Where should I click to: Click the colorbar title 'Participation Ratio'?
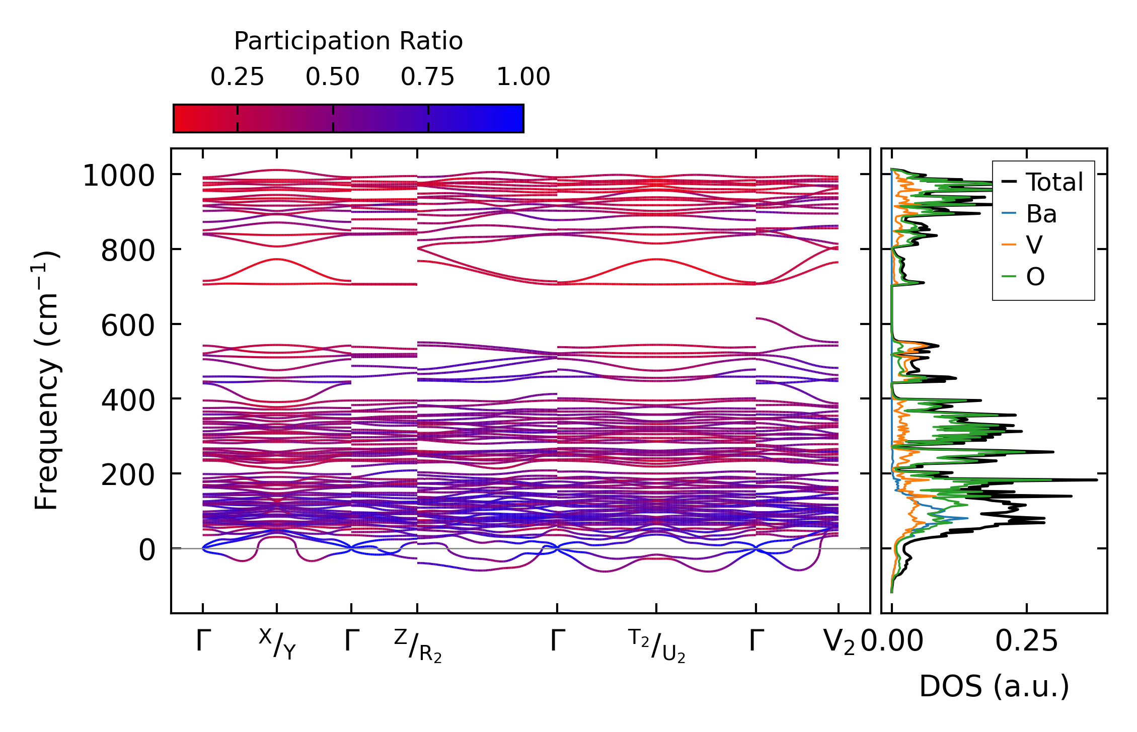tap(348, 41)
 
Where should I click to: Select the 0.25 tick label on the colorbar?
tap(237, 77)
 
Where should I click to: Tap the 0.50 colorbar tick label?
tap(332, 77)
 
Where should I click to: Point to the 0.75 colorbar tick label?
tap(427, 77)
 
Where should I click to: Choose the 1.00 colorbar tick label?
tap(523, 77)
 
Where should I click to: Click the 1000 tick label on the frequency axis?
tap(119, 176)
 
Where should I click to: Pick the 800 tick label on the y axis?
tap(127, 251)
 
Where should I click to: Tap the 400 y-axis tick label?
tap(127, 400)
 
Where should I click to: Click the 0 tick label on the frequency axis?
tap(147, 549)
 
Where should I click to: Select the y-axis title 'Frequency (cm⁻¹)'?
tap(46, 380)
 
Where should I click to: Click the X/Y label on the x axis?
tap(277, 644)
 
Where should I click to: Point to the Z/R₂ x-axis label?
tap(418, 646)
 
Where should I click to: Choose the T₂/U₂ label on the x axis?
tap(657, 646)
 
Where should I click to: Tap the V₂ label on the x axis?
tap(839, 642)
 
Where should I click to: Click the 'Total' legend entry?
tap(1054, 182)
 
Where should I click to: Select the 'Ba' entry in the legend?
tap(1041, 214)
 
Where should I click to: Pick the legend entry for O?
tap(1035, 277)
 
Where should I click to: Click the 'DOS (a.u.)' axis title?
tap(994, 686)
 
